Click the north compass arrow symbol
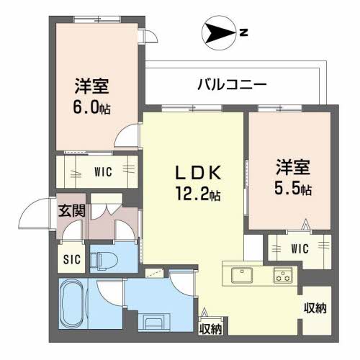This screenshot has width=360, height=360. tap(218, 33)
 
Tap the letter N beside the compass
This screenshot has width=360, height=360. tap(243, 32)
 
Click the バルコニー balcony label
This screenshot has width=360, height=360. tap(232, 85)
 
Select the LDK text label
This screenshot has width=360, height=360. tap(198, 173)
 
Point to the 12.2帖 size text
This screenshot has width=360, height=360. tap(198, 194)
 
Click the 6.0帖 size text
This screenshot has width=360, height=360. tap(91, 107)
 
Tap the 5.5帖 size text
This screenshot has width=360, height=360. tap(293, 189)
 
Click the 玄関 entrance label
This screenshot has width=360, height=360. tap(72, 211)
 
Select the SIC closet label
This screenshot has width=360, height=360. tap(72, 259)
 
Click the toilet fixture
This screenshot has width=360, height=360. tap(103, 260)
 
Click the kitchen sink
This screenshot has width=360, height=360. tap(242, 275)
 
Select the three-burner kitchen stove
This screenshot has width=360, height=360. tap(283, 275)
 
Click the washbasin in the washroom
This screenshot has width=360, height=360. tap(154, 321)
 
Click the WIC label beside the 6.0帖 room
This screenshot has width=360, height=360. tap(103, 172)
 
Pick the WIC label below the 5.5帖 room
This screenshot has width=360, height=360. tap(300, 248)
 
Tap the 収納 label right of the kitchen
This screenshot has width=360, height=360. tap(315, 308)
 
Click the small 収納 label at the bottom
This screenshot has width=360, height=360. tap(211, 329)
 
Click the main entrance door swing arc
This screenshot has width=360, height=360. tap(27, 207)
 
